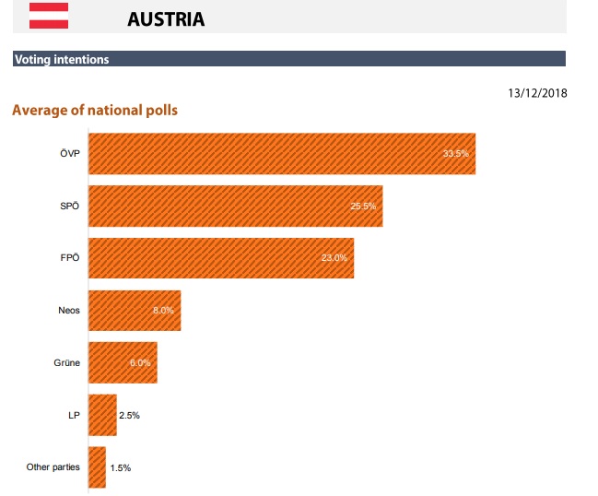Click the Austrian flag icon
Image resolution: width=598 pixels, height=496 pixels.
point(48,15)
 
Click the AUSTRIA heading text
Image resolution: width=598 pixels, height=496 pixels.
point(166,18)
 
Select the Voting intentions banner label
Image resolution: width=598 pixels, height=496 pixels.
point(62,60)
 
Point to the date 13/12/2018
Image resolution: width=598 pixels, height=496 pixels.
point(537,93)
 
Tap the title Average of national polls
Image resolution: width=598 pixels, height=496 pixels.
point(94,111)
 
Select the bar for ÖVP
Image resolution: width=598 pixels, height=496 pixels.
point(281,153)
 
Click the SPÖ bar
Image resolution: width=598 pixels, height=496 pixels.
point(234,206)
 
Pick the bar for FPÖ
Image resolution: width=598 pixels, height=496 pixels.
point(220,258)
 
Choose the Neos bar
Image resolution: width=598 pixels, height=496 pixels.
point(134,311)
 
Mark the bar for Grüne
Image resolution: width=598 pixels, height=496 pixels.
point(122,363)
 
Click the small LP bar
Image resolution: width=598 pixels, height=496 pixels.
point(102,416)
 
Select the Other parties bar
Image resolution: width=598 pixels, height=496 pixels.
point(97,467)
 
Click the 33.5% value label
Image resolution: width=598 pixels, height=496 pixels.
point(456,153)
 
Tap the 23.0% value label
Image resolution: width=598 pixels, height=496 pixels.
point(334,258)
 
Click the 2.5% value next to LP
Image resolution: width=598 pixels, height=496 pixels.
point(130,416)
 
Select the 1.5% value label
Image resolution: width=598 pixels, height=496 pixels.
point(121,467)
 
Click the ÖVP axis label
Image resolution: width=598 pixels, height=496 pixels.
point(70,153)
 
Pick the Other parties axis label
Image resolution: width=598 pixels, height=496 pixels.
point(53,467)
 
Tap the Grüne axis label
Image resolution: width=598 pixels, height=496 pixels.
point(67,363)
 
